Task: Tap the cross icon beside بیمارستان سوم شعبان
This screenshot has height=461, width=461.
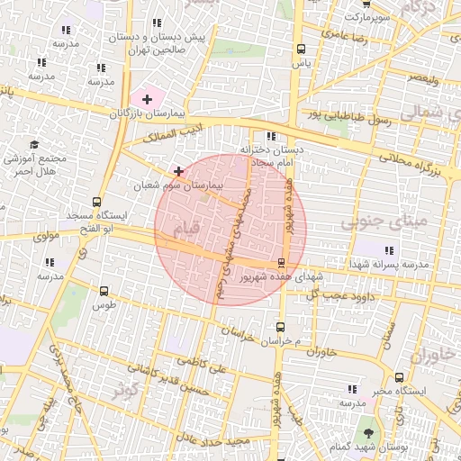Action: click(x=179, y=170)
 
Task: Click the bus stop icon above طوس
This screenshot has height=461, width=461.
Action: click(x=104, y=291)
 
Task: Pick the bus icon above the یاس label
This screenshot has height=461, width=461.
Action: click(x=300, y=50)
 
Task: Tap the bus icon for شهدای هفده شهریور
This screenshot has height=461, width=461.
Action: click(x=283, y=263)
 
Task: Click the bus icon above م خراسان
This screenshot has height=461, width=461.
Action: click(x=280, y=328)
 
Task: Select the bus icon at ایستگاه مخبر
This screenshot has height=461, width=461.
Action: click(x=399, y=377)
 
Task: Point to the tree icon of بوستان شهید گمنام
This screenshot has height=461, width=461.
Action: click(x=366, y=423)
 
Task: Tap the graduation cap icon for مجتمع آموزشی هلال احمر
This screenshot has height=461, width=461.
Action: click(x=35, y=144)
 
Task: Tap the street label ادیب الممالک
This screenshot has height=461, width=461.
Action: click(x=159, y=137)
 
